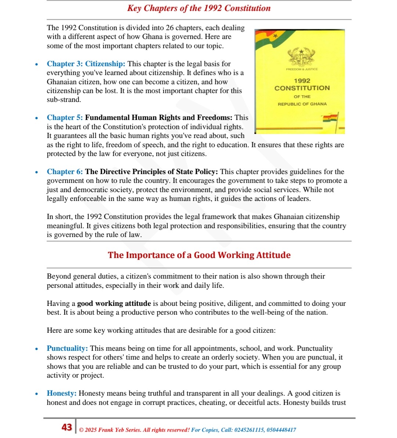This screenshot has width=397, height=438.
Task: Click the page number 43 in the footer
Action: click(67, 427)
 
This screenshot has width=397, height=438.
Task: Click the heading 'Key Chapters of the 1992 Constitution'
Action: click(199, 8)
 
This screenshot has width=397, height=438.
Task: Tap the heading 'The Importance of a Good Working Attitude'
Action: click(199, 255)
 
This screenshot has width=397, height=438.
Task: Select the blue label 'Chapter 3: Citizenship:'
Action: click(86, 64)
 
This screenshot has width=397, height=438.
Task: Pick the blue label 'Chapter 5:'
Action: click(65, 118)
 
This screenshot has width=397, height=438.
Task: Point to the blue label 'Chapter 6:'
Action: click(65, 172)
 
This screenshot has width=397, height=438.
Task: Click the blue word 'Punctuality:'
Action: click(67, 348)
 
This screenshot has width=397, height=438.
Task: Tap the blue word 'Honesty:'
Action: click(61, 393)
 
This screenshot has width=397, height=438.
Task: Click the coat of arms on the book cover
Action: click(301, 57)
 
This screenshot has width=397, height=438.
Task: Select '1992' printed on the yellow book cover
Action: click(302, 81)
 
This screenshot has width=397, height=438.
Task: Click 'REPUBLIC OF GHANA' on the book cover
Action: click(302, 104)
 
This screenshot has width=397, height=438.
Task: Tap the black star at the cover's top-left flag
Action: click(275, 36)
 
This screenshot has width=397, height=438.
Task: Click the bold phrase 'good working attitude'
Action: click(114, 303)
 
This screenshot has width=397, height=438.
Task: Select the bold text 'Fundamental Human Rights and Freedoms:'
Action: click(158, 118)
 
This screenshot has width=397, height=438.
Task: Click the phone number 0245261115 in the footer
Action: click(249, 430)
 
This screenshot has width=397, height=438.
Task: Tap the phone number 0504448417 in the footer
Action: click(280, 430)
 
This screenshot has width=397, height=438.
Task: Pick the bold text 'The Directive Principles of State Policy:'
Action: click(151, 172)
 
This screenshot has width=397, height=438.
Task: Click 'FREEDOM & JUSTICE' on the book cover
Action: click(302, 69)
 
